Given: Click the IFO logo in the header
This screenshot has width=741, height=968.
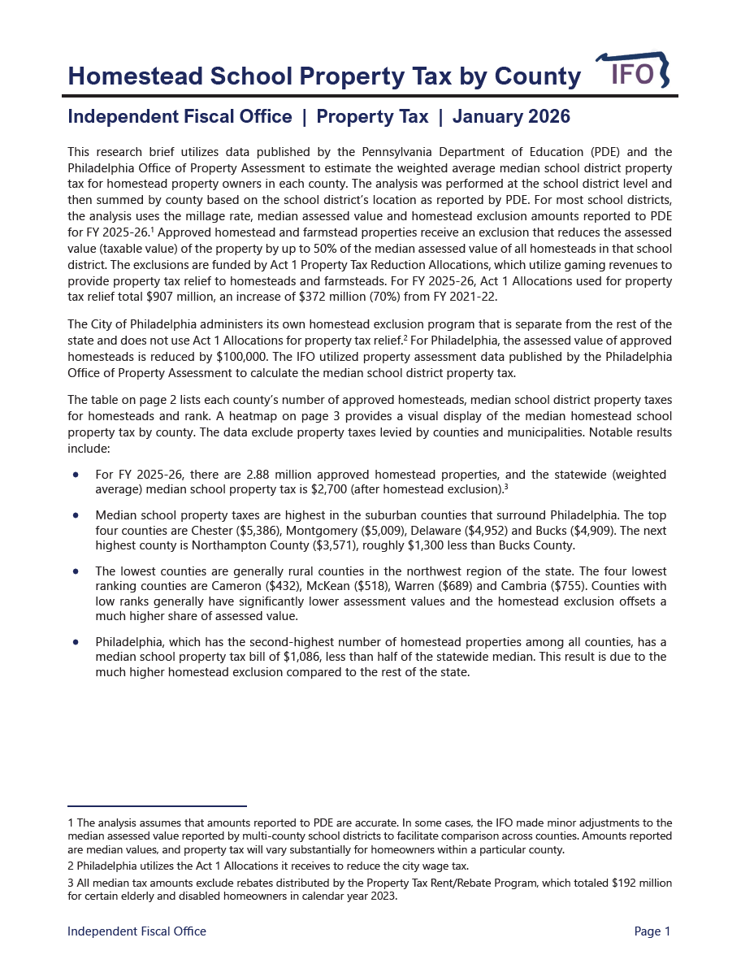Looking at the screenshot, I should point(633,72).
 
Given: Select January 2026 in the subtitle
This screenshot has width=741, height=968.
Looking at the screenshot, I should point(511,117).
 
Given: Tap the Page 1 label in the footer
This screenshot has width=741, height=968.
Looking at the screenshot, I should point(652,931).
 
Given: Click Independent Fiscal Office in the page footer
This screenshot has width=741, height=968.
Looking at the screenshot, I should point(136,931).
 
